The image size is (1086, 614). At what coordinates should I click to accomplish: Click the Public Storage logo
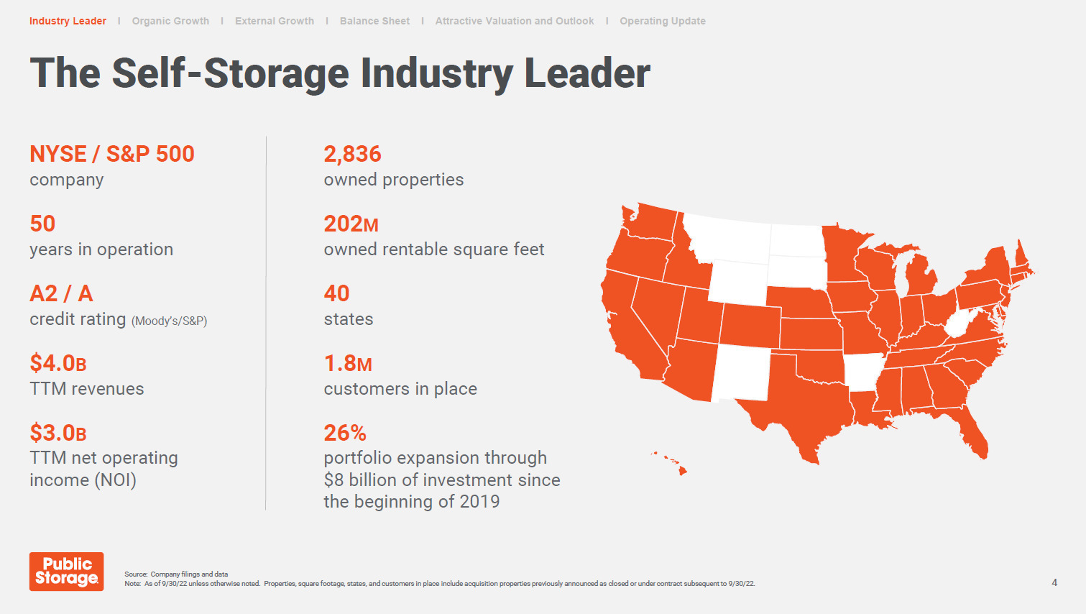click(x=66, y=572)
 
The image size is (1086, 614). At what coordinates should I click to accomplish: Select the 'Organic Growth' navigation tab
click(x=170, y=21)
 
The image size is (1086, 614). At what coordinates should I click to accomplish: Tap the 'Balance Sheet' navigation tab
click(x=374, y=21)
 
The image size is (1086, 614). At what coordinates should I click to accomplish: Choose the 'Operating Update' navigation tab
click(x=662, y=21)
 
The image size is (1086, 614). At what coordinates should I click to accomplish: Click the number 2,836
click(x=352, y=155)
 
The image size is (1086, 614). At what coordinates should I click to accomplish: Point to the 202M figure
click(x=351, y=224)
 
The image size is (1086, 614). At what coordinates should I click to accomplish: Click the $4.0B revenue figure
click(x=58, y=363)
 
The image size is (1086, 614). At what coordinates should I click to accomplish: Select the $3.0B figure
click(x=58, y=433)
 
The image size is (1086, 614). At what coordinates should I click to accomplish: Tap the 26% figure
click(x=345, y=433)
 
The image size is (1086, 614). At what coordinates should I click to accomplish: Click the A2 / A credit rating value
click(x=61, y=294)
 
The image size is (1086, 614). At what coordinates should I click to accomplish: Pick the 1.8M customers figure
click(x=348, y=364)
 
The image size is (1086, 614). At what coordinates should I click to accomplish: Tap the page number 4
click(x=1054, y=582)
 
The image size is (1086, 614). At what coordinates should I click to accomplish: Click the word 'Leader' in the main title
click(x=587, y=73)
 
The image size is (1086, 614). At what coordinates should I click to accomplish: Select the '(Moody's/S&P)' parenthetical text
click(x=169, y=321)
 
